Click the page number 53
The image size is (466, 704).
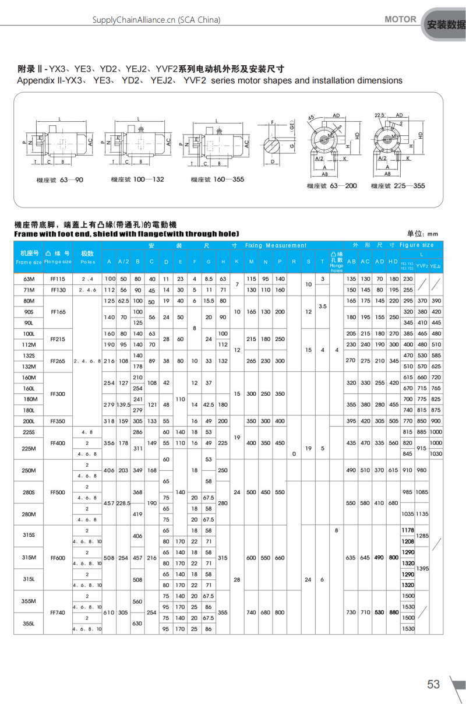click(433, 684)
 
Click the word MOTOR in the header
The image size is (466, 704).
click(400, 19)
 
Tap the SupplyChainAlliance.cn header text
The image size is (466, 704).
click(157, 20)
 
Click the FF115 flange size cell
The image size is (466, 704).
click(58, 279)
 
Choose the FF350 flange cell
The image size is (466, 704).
click(58, 421)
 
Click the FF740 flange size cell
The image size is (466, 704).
click(58, 613)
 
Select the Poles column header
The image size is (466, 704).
click(87, 258)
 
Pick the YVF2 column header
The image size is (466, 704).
click(422, 266)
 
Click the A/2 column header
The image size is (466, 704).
click(124, 261)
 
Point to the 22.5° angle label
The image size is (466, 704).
click(380, 115)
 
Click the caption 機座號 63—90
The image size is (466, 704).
click(59, 179)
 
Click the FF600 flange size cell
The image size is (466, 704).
click(58, 558)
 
